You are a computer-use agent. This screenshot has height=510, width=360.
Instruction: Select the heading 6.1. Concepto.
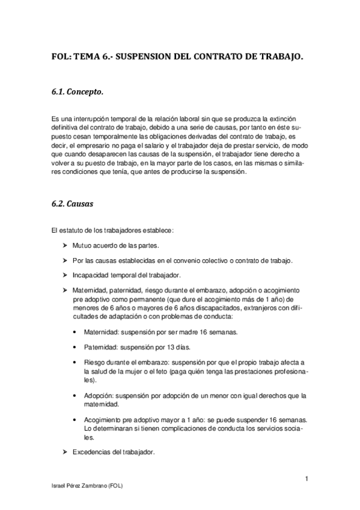78,93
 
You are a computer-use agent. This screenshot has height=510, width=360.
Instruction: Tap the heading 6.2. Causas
72,204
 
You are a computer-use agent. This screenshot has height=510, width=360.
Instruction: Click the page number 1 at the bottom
307,479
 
